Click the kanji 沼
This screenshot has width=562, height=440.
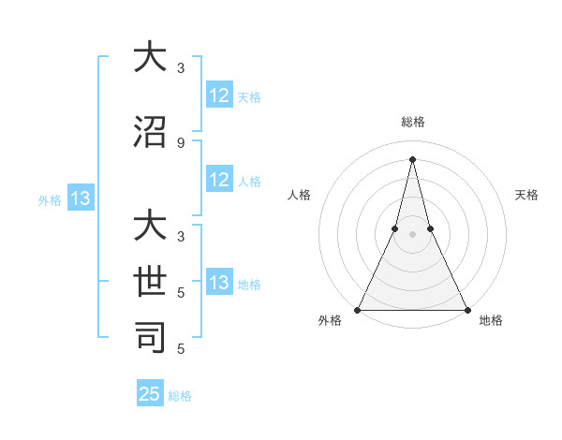pos(150,132)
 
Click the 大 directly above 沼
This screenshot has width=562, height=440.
pos(150,57)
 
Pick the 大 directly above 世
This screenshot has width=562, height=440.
pos(150,227)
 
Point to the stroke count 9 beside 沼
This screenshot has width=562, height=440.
pos(180,142)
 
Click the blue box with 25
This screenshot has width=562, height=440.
pos(150,394)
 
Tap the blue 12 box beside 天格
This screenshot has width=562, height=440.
pos(219,95)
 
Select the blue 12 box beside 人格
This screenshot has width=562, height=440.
pos(219,181)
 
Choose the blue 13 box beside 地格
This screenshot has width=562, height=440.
pos(219,284)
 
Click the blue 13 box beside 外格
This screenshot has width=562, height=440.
pos(80,198)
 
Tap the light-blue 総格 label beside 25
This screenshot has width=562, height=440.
pos(180,396)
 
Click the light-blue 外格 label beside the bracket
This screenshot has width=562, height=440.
pos(50,199)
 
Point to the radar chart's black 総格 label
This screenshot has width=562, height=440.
pos(412,122)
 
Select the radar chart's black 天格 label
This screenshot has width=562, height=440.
pos(527,195)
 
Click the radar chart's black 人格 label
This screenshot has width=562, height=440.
pos(299,195)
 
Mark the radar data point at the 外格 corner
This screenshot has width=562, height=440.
pos(358,309)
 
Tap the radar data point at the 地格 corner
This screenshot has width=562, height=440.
pos(466,309)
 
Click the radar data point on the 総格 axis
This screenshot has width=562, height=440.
pos(412,157)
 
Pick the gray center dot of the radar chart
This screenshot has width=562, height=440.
pos(412,234)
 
